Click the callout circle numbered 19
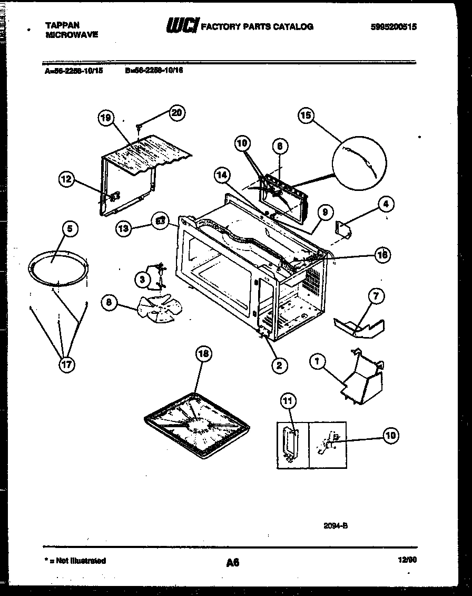(106, 118)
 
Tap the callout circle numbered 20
(177, 112)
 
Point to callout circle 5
(70, 228)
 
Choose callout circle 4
(386, 203)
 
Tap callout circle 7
(376, 296)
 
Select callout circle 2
(279, 364)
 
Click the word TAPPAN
(63, 25)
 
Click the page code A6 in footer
(232, 563)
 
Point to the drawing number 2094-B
(336, 525)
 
